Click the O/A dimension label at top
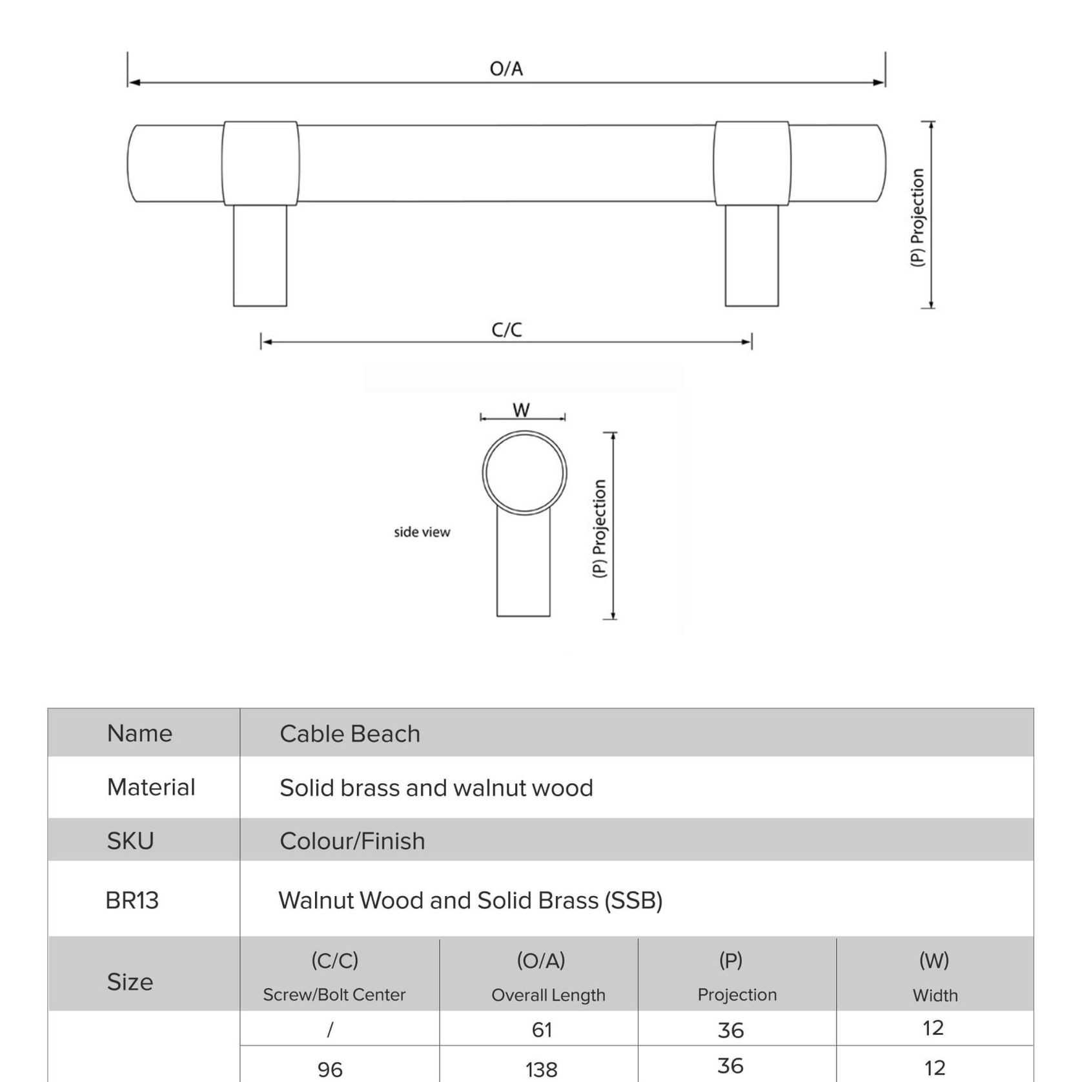click(x=506, y=68)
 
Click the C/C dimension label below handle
click(x=507, y=330)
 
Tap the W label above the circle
click(x=521, y=410)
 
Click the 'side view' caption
click(x=422, y=532)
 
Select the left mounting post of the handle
click(x=260, y=256)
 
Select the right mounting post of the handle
click(x=751, y=256)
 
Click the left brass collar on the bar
click(x=261, y=163)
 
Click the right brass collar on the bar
click(x=752, y=163)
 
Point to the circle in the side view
click(x=524, y=473)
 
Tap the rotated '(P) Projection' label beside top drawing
click(x=917, y=218)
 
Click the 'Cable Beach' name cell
click(x=350, y=734)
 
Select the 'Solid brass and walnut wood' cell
click(x=436, y=788)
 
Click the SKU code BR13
click(x=132, y=900)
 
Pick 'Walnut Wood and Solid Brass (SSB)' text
click(x=470, y=901)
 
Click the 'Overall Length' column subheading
click(x=548, y=995)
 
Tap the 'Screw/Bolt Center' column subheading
click(x=334, y=995)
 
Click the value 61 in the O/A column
click(x=542, y=1030)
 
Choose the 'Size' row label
click(x=130, y=982)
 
